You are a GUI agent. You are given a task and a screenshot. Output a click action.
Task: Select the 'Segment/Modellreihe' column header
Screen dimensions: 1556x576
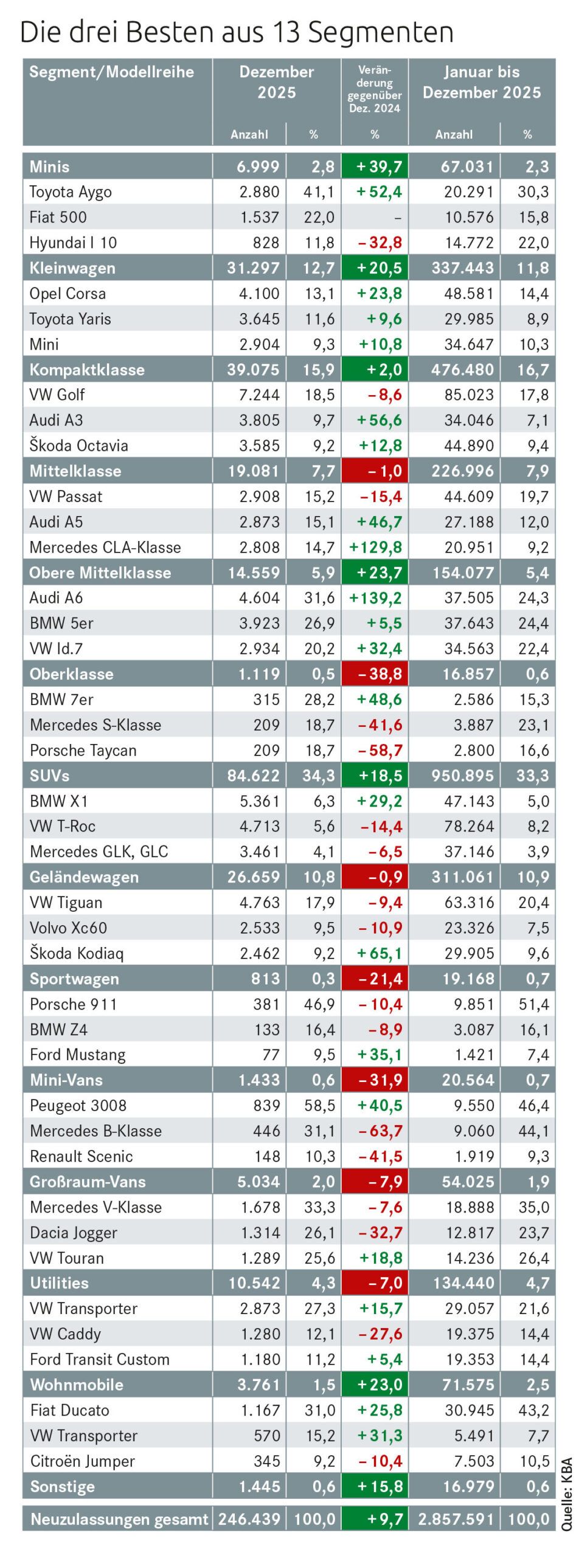point(111,72)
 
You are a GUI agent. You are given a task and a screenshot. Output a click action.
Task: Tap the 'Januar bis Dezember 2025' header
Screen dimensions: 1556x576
point(481,82)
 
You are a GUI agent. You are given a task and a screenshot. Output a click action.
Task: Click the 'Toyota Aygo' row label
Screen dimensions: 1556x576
point(71,192)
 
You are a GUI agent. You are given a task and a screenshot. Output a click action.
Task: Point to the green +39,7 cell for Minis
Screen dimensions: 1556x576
point(375,167)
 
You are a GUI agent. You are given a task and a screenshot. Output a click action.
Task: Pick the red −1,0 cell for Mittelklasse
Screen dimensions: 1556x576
point(375,471)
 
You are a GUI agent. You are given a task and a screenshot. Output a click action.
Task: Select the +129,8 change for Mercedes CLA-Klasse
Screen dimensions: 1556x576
point(375,547)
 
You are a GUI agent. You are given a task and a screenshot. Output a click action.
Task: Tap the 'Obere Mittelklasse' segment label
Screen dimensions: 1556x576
point(100,573)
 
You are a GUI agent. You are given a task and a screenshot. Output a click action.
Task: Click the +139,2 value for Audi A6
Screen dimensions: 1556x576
point(375,598)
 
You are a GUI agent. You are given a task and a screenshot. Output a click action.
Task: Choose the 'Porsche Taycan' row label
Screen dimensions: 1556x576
point(83,750)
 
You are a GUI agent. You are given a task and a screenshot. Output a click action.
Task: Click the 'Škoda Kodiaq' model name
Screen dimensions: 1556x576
point(77,953)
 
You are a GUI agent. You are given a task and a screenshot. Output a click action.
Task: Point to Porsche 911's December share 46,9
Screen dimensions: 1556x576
point(319,1004)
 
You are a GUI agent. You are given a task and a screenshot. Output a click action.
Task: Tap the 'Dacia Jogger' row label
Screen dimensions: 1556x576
point(74,1233)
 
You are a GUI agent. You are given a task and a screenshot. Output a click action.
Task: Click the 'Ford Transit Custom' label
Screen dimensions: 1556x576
point(100,1359)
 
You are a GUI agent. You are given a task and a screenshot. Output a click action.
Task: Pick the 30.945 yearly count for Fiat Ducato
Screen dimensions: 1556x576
point(470,1410)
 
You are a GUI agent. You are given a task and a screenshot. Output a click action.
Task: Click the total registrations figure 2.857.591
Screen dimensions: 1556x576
point(456,1520)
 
